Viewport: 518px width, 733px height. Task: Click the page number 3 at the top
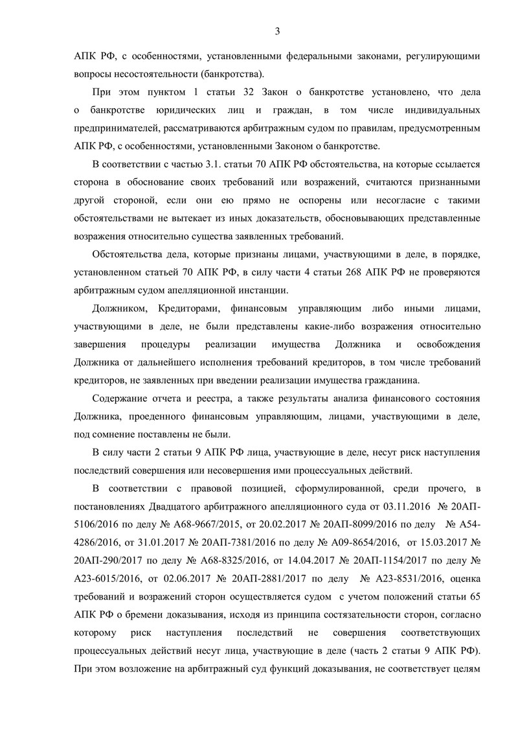(277, 31)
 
